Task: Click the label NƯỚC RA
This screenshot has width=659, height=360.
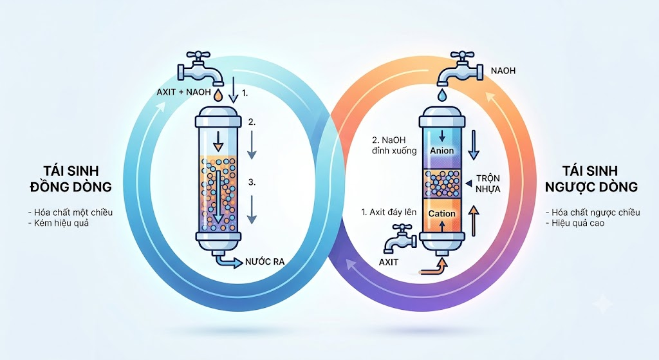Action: (x=265, y=261)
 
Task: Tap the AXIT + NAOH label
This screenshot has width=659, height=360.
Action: (x=183, y=91)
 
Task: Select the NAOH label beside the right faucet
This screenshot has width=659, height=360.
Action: (x=503, y=71)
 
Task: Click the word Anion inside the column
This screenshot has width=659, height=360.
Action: (x=441, y=151)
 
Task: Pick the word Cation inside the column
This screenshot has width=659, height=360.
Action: (x=441, y=214)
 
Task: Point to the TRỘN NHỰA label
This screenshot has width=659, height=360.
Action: (x=488, y=184)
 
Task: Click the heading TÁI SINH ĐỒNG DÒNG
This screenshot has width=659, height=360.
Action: (x=71, y=178)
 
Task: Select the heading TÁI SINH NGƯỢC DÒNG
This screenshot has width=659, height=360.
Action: (x=591, y=178)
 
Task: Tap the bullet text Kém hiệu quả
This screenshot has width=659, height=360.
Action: (x=59, y=223)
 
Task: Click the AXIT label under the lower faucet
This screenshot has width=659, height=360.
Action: (x=388, y=262)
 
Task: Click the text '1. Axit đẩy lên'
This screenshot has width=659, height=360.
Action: (x=389, y=213)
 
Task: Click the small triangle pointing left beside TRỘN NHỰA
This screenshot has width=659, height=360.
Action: (x=469, y=182)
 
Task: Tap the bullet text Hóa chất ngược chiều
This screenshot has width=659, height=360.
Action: (x=593, y=213)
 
